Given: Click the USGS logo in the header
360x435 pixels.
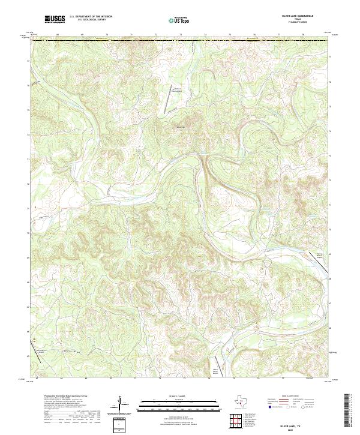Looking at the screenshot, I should (55, 20).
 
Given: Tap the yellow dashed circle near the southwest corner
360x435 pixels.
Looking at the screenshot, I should (34, 340).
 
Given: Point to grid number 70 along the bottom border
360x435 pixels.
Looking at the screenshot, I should (111, 379).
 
